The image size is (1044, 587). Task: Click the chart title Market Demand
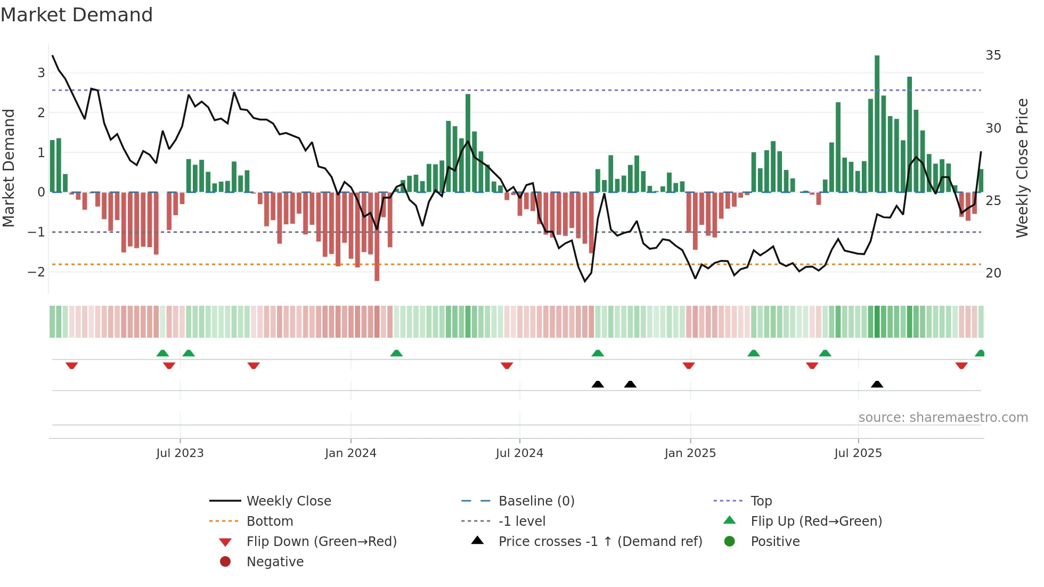[x=77, y=15]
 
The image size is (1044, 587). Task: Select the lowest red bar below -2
[x=377, y=237]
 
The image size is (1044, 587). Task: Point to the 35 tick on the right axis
[x=993, y=55]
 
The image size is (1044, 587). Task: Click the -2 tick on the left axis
[x=36, y=272]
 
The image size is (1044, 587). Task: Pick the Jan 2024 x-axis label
[x=350, y=453]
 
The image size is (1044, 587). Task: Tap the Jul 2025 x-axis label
[x=858, y=453]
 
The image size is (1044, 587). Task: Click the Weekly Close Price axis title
[x=1022, y=168]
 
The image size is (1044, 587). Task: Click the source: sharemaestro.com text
[x=943, y=418]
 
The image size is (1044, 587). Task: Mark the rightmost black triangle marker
[x=877, y=384]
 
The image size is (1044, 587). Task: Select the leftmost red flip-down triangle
[x=71, y=365]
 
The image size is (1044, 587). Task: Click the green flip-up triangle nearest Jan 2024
[x=396, y=353]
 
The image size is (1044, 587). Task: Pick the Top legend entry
[x=761, y=501]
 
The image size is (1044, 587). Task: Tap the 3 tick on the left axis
[x=41, y=73]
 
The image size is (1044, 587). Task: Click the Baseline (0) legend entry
[x=536, y=501]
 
